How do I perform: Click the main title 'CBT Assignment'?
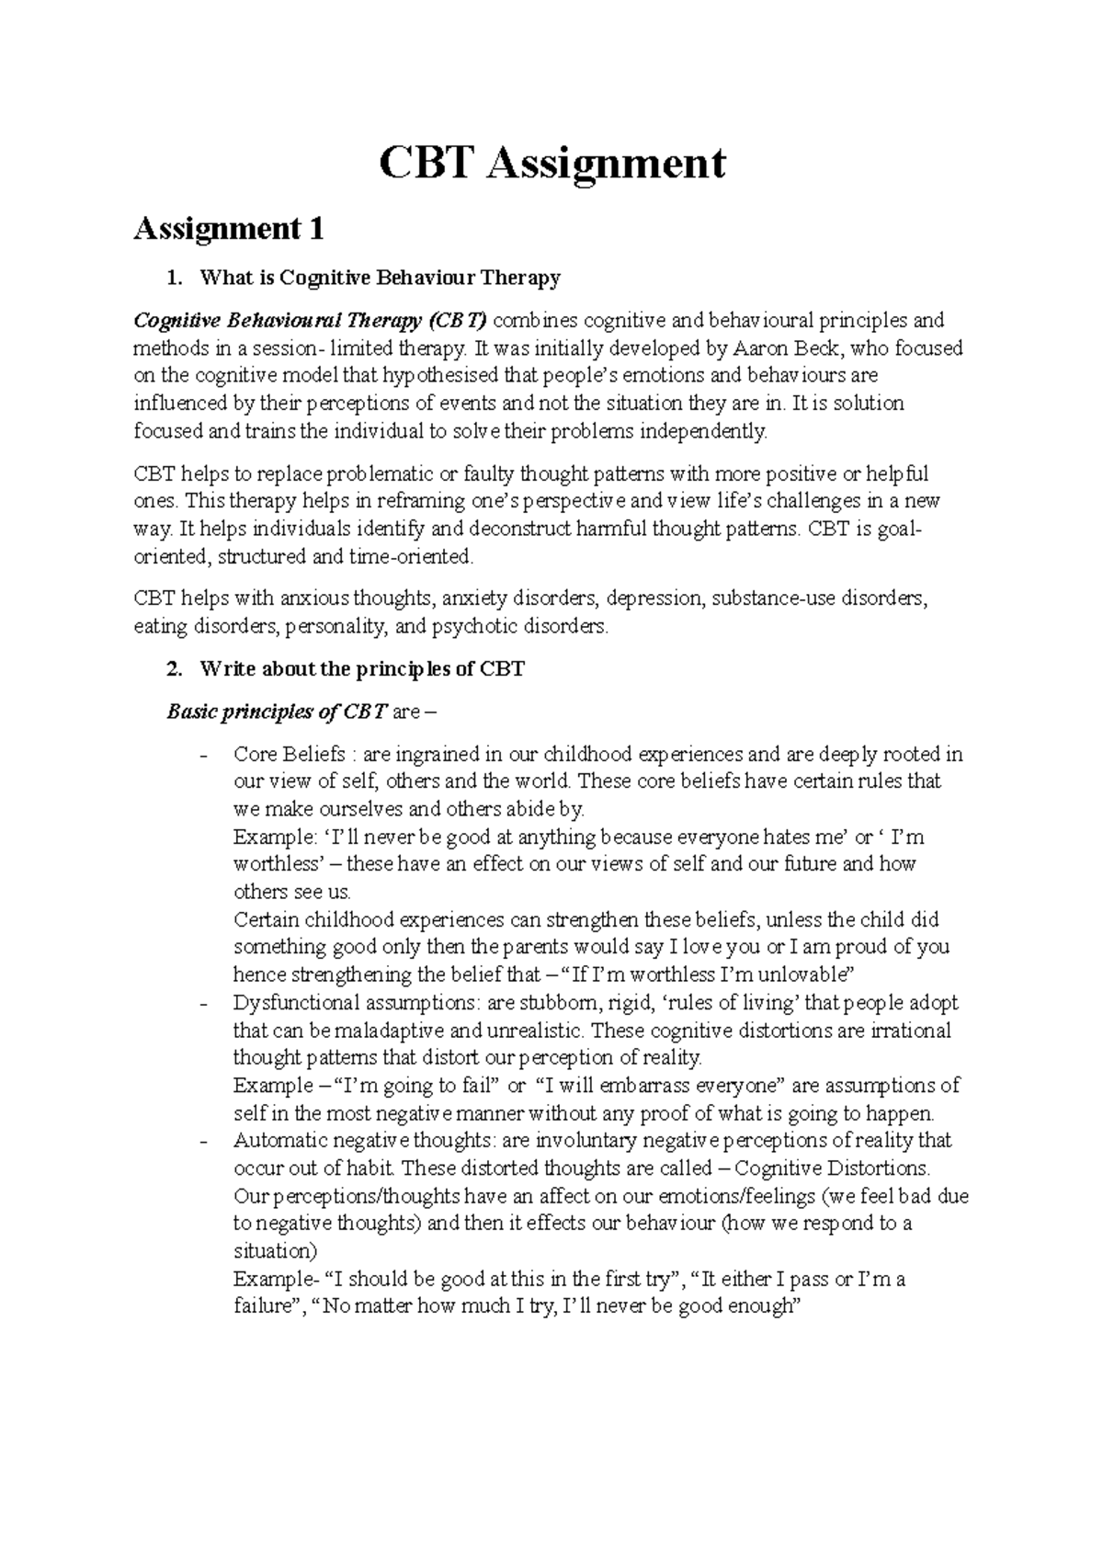click(x=552, y=164)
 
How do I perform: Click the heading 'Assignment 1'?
click(x=229, y=228)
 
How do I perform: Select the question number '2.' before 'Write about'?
click(x=174, y=669)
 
